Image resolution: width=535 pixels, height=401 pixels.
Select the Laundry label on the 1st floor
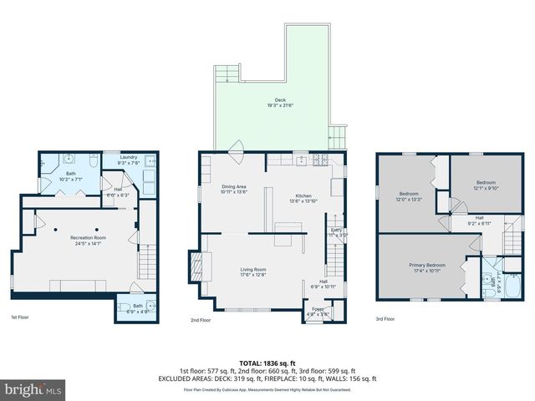(128, 159)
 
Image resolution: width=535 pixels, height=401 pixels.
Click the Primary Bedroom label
(426, 267)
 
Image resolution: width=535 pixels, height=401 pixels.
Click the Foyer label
(318, 311)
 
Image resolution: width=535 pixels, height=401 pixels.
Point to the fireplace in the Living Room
(197, 267)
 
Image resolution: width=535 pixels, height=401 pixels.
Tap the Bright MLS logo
(33, 389)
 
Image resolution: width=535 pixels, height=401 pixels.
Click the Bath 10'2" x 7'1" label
(72, 175)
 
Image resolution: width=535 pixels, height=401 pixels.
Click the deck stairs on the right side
(338, 135)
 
